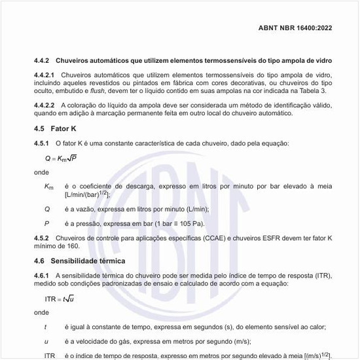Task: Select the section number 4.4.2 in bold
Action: click(43, 60)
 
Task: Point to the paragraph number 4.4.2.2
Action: click(46, 105)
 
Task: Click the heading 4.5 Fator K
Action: click(56, 128)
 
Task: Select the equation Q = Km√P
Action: click(61, 158)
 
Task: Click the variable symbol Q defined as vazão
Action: click(47, 209)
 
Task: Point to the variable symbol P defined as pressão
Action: click(47, 223)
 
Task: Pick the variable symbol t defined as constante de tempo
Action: click(45, 327)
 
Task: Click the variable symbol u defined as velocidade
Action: click(46, 341)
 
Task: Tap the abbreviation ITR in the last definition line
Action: click(50, 355)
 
